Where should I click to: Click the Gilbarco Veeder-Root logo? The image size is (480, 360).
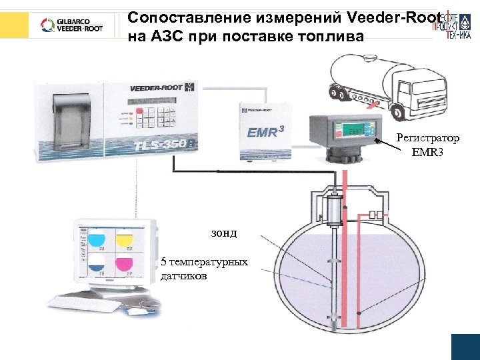71,25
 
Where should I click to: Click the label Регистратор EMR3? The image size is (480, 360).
427,144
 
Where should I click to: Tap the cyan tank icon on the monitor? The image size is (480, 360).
97,239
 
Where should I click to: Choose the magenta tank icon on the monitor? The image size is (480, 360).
125,264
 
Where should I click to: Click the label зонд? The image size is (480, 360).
224,233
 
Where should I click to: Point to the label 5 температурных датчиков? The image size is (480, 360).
204,267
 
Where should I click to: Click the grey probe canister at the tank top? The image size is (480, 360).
331,211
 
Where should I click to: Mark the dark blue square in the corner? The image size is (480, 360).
465,347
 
